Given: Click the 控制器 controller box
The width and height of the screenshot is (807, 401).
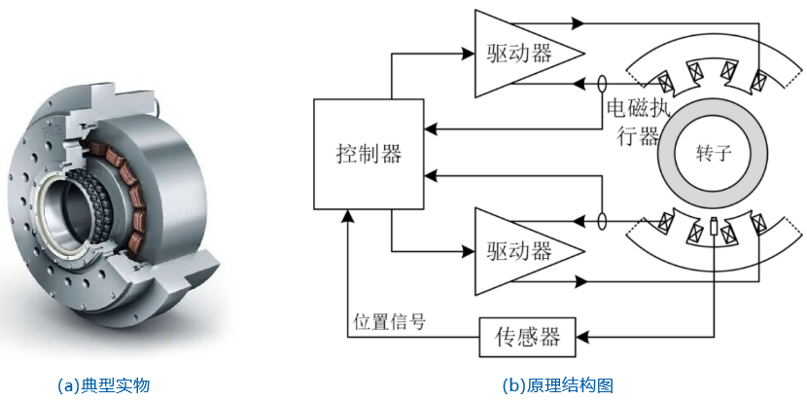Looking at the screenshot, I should (368, 153).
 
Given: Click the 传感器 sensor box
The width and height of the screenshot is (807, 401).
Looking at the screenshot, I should (528, 337).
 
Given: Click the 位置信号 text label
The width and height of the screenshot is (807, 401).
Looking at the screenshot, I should (389, 320).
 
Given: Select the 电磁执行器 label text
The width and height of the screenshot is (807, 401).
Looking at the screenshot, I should (633, 121).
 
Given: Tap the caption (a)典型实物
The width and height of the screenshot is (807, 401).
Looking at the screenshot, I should (104, 384).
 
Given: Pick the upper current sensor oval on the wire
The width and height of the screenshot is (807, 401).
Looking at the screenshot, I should (604, 85).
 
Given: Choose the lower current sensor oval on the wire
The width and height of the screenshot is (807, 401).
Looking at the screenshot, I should (604, 221).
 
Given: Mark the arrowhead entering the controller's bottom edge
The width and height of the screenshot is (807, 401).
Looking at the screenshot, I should (347, 214).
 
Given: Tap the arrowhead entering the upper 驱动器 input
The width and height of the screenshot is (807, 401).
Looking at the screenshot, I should (468, 54).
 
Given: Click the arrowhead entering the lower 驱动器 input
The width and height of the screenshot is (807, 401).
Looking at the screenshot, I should (468, 250).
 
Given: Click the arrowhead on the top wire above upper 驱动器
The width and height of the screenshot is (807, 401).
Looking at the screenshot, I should (579, 21).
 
